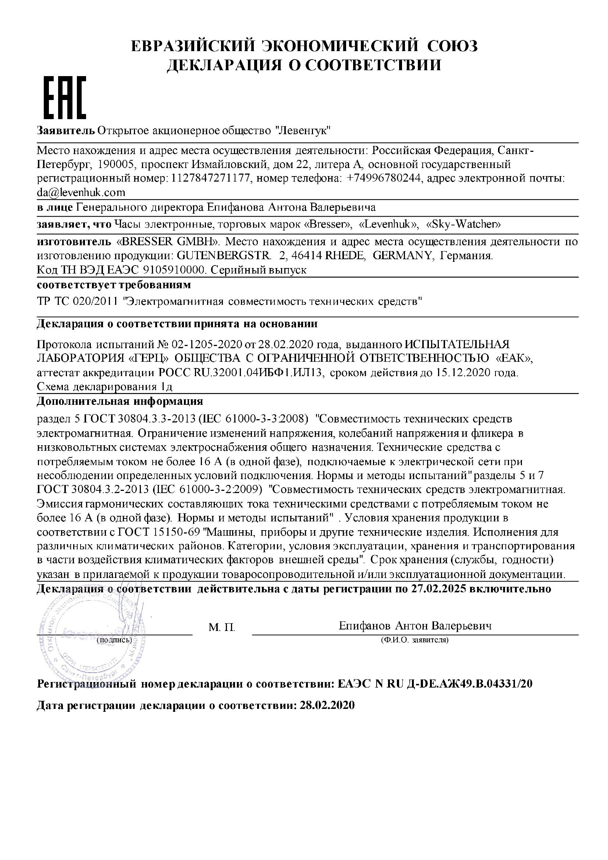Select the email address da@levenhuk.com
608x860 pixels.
coord(81,193)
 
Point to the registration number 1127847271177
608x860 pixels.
coord(210,179)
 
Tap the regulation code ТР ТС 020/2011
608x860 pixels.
coord(78,301)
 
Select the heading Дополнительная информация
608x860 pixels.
coord(120,402)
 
